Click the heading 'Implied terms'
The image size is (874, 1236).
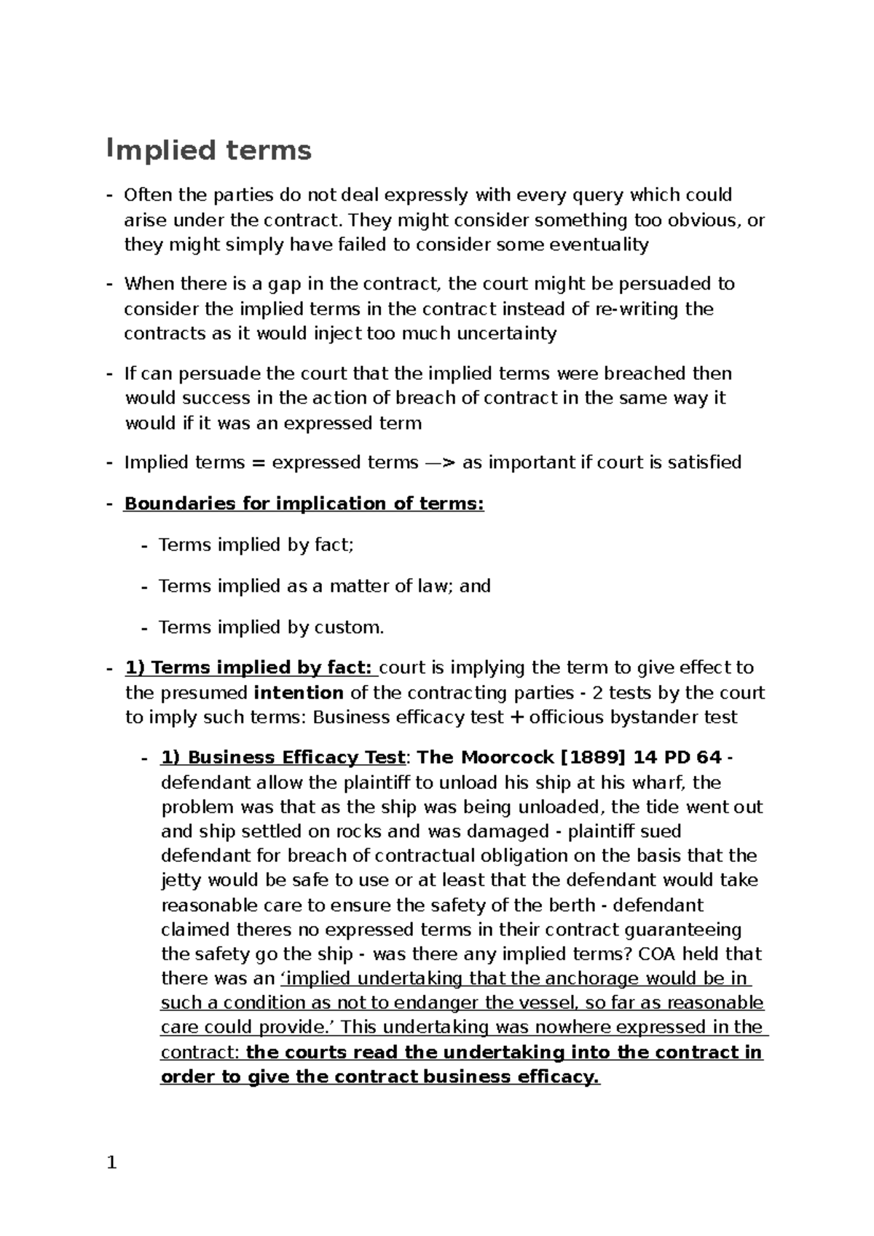pos(209,151)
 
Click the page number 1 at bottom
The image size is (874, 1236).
pos(111,1162)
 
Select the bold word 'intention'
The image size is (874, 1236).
pos(299,692)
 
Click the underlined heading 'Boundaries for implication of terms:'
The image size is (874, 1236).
pos(304,504)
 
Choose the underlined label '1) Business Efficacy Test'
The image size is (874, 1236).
pos(283,758)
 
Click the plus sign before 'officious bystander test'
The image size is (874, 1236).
pos(516,718)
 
